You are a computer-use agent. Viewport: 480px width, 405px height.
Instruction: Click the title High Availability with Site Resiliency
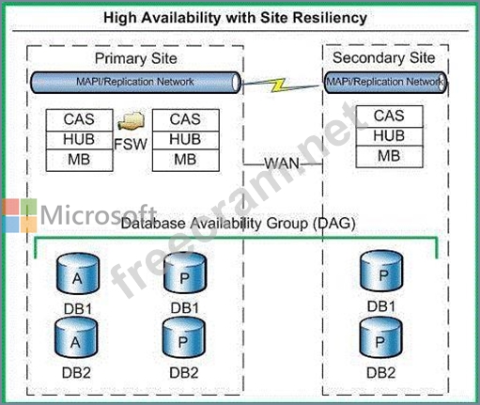click(x=235, y=18)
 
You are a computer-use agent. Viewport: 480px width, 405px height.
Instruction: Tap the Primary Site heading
click(x=136, y=58)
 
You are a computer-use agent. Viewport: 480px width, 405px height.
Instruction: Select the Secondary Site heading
click(x=384, y=57)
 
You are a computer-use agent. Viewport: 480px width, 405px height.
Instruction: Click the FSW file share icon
click(x=132, y=120)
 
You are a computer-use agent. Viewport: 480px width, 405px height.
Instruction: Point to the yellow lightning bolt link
click(x=278, y=85)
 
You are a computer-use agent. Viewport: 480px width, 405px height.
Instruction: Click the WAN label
click(x=282, y=164)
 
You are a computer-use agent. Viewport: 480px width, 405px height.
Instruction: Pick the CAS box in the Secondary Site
click(x=389, y=117)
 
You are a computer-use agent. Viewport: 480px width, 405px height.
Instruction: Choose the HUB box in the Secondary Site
click(x=389, y=136)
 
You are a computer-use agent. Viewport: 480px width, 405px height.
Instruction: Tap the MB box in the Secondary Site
click(x=389, y=156)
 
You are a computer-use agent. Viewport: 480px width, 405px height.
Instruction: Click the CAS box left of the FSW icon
click(x=79, y=120)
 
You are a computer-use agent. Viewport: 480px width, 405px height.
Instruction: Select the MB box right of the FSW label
click(x=186, y=160)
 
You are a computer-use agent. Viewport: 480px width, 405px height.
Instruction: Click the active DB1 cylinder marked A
click(x=78, y=274)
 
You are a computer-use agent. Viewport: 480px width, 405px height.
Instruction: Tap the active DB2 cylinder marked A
click(x=76, y=337)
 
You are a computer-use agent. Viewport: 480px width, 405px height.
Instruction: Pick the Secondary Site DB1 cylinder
click(x=381, y=272)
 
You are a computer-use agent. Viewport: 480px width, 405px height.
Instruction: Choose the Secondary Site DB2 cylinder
click(x=380, y=337)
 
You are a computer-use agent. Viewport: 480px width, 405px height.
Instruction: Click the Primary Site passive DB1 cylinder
click(x=185, y=273)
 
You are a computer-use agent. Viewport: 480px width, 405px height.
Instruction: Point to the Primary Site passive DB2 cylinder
click(x=184, y=337)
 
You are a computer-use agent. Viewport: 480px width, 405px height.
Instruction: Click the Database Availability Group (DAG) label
click(x=238, y=224)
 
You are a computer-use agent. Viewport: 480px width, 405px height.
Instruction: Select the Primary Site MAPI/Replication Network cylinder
click(x=135, y=83)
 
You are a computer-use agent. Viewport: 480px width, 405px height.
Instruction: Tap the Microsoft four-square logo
click(x=20, y=216)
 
